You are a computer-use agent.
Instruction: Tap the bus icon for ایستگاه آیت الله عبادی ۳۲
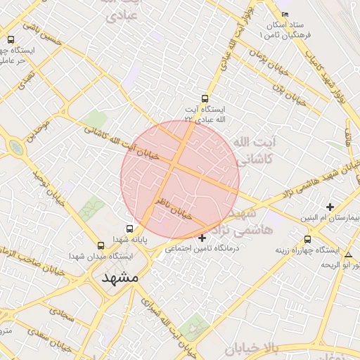[205, 99]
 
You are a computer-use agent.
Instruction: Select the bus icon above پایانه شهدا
[129, 229]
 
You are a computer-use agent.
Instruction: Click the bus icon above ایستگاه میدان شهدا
[101, 245]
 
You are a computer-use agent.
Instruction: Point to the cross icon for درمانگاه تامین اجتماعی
[202, 238]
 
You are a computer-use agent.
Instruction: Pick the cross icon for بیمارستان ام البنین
[330, 207]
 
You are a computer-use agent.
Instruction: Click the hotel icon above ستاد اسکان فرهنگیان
[285, 15]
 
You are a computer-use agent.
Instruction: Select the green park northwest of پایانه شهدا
[91, 209]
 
